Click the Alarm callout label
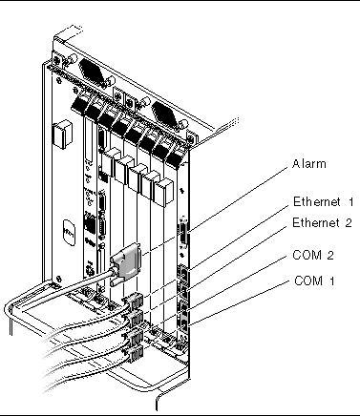click(309, 164)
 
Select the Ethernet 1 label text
click(323, 202)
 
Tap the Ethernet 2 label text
click(322, 222)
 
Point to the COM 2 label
click(313, 255)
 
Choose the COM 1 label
click(314, 281)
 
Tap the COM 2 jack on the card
click(183, 308)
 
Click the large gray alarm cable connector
click(126, 263)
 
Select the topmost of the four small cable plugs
click(136, 302)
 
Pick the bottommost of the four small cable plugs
click(135, 354)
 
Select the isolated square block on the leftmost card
click(63, 134)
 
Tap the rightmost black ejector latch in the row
click(175, 158)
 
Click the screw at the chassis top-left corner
click(57, 59)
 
